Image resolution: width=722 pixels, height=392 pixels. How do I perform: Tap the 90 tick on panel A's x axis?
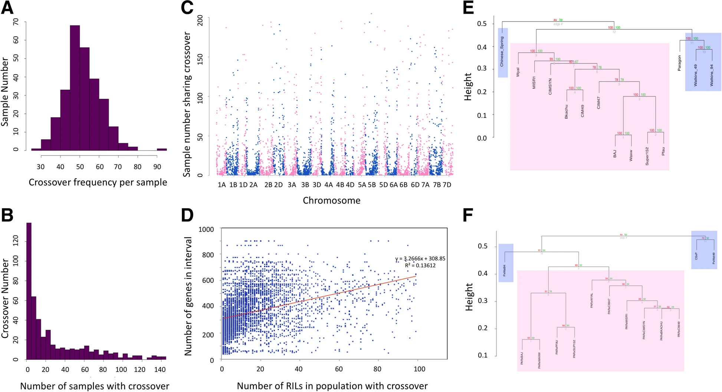157,167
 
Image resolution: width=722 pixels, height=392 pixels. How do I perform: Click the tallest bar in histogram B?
29,291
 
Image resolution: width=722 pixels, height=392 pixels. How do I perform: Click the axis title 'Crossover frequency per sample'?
98,182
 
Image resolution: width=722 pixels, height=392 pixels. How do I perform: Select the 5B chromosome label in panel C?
372,185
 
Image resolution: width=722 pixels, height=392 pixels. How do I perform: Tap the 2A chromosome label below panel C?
253,185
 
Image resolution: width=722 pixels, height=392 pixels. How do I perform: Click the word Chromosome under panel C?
331,201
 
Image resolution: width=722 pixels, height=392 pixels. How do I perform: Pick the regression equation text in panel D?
420,259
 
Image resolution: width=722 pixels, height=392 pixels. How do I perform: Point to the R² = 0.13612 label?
420,266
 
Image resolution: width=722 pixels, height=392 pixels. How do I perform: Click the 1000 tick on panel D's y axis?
206,230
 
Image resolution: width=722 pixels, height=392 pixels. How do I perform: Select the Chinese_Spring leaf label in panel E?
502,52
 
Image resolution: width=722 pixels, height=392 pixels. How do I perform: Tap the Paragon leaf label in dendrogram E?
679,63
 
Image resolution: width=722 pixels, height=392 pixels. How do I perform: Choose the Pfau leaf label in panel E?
663,151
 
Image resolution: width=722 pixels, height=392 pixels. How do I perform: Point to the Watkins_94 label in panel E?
712,76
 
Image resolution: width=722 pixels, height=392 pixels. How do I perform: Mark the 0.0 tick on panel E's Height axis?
482,138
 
